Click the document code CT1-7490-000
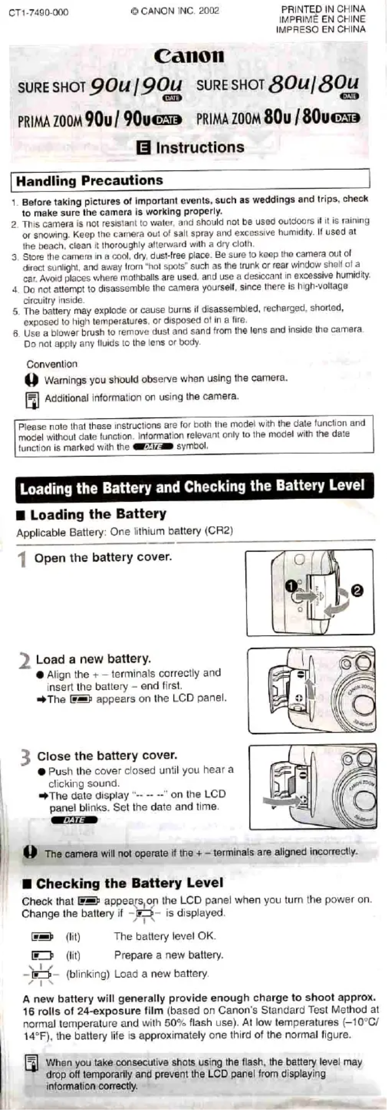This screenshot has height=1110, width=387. (x=39, y=12)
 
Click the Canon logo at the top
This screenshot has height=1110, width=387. (x=189, y=56)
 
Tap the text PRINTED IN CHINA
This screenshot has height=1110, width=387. (x=323, y=9)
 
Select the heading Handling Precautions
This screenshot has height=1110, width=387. (x=89, y=181)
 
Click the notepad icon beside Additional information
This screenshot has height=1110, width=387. (x=32, y=400)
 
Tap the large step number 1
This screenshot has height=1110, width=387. (x=22, y=560)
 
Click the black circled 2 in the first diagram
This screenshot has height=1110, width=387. (x=358, y=590)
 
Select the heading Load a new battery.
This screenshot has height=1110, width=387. (x=93, y=659)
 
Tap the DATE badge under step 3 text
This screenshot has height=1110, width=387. (x=74, y=820)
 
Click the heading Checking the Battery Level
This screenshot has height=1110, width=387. (x=129, y=883)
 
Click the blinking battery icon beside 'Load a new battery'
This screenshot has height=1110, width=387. (x=41, y=974)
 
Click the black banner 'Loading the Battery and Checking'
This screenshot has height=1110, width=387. (x=192, y=487)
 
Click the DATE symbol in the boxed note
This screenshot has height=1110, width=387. (x=152, y=447)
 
